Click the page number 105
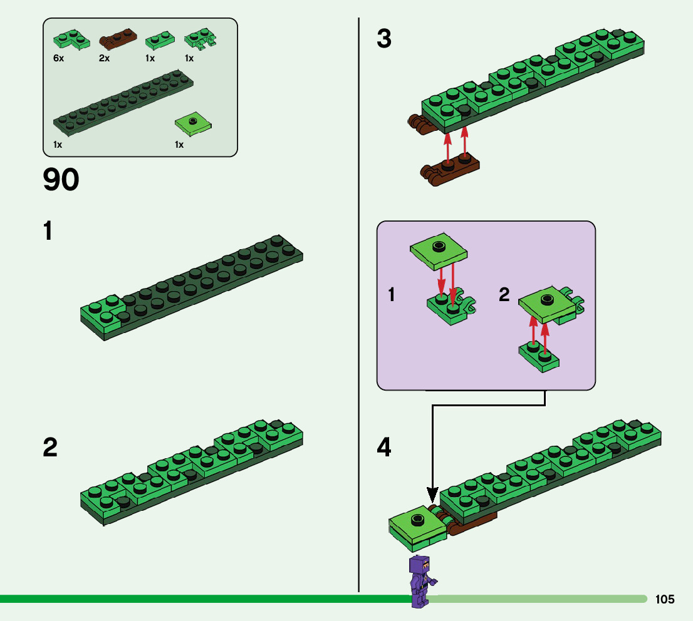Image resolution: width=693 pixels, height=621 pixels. click(665, 600)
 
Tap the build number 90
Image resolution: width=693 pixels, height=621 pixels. click(61, 180)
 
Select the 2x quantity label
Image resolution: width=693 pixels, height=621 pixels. click(104, 58)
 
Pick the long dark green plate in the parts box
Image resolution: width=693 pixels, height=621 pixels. click(123, 102)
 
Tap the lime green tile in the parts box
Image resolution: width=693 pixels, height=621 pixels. click(192, 125)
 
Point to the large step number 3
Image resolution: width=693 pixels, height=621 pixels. click(384, 39)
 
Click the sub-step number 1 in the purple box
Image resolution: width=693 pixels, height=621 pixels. click(392, 294)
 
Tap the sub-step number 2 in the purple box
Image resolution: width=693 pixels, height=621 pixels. click(504, 294)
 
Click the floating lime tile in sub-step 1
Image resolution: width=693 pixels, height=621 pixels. click(440, 250)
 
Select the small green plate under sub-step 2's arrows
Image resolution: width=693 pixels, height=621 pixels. click(539, 358)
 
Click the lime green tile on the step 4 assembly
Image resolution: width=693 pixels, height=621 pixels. click(416, 521)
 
